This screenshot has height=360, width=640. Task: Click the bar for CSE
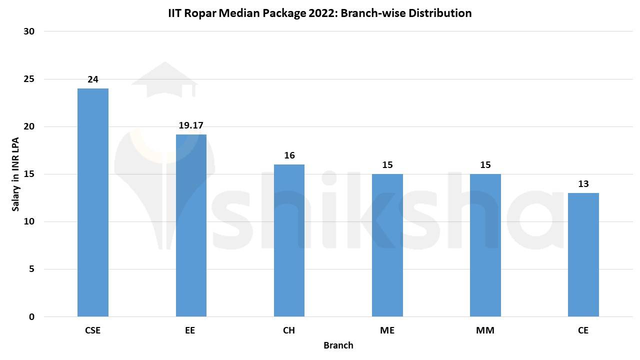coord(93,202)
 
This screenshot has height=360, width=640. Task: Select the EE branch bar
coord(191,225)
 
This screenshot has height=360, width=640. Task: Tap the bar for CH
coord(289,240)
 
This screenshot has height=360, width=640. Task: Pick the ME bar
coord(387,245)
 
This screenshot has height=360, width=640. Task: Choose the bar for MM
coord(485,245)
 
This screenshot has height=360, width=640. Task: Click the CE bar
coord(583,254)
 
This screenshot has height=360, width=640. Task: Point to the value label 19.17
coord(191,125)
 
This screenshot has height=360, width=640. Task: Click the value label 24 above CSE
coord(93,79)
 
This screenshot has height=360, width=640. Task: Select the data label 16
coord(289,155)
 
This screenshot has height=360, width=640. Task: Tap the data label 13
coord(583,184)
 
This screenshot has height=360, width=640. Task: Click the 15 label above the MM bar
coord(485,165)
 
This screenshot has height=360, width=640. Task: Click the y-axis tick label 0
coord(31,317)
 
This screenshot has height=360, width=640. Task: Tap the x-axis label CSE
coord(93,330)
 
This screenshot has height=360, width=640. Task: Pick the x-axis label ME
coord(387,330)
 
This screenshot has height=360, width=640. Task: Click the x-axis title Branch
coord(338,345)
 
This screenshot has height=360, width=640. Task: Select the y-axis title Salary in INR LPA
coord(15,174)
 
